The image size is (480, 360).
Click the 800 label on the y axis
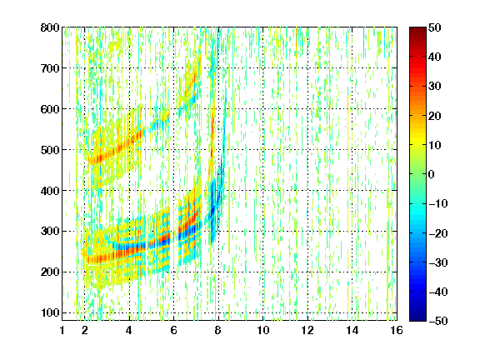[x=50, y=27]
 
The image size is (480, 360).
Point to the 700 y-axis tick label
[x=50, y=68]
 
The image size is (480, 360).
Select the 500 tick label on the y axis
[x=50, y=150]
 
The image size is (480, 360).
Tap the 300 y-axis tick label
[x=50, y=232]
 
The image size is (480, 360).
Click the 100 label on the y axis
[x=50, y=312]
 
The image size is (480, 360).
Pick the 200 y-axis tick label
[x=50, y=272]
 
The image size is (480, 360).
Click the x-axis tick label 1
[x=62, y=330]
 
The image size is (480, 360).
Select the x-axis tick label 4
[x=129, y=330]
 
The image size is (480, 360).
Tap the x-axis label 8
[x=218, y=330]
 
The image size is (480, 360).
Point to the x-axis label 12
[x=307, y=330]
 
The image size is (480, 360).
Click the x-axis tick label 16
[x=397, y=330]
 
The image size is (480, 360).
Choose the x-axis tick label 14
[x=352, y=330]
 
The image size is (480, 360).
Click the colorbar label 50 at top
[x=435, y=27]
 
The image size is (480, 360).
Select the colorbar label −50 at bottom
[x=438, y=321]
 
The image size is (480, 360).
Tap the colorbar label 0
[x=432, y=174]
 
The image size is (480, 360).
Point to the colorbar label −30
[x=438, y=262]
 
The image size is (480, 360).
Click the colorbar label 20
[x=435, y=116]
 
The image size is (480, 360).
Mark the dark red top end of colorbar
[x=417, y=29]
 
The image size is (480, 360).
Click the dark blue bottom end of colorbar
[x=417, y=318]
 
